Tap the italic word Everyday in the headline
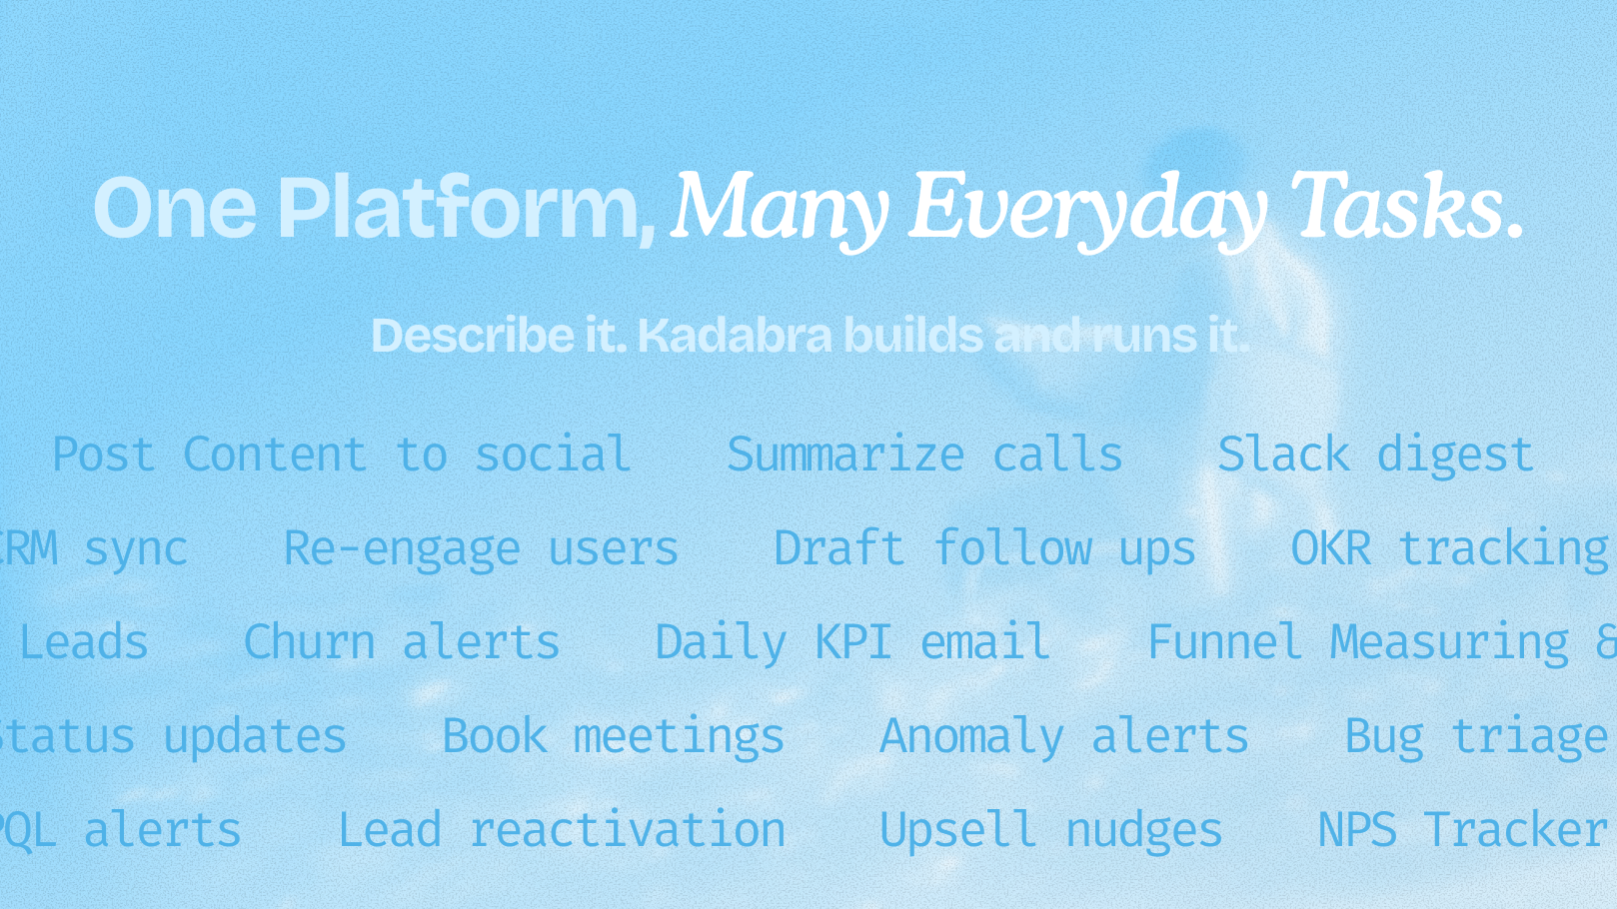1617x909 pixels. [x=1087, y=208]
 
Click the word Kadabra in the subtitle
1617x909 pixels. [x=735, y=336]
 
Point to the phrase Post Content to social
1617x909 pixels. [x=341, y=455]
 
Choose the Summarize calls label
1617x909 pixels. [x=924, y=455]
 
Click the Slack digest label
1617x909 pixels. [x=1375, y=455]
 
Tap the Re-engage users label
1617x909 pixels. [x=481, y=549]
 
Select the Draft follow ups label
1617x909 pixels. [x=984, y=549]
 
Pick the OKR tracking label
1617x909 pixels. [x=1449, y=549]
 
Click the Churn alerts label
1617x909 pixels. [x=402, y=642]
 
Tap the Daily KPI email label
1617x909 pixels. [x=852, y=642]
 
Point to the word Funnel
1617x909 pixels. [x=1224, y=642]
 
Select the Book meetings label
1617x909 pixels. [x=613, y=737]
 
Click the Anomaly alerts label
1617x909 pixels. [x=1064, y=737]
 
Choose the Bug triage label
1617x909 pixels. [x=1476, y=737]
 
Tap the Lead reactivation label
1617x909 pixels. [x=562, y=831]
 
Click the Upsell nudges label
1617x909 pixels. [x=1050, y=831]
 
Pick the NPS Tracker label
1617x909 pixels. [x=1462, y=831]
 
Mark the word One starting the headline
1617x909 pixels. [x=175, y=208]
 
